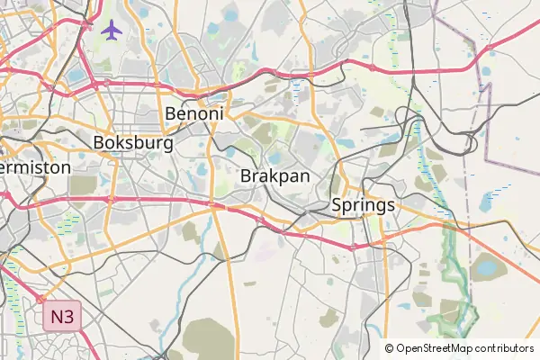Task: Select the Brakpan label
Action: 274,176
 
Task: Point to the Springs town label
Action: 363,205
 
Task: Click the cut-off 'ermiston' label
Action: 34,167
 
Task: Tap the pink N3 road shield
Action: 62,317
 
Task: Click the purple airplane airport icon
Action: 112,30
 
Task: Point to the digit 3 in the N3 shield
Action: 68,317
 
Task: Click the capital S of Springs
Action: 337,205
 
